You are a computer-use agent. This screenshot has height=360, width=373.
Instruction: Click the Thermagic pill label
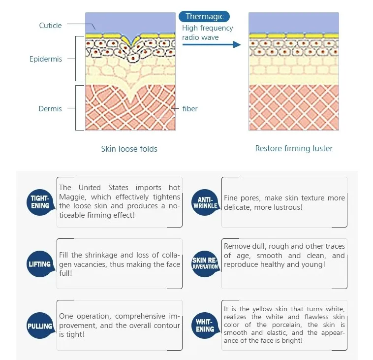[204, 17]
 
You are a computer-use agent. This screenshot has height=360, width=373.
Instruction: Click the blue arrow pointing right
[212, 44]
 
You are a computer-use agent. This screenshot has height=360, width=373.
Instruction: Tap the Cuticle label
[51, 26]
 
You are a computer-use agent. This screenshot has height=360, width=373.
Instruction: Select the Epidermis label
[46, 59]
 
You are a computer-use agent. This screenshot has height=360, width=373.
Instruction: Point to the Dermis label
[50, 108]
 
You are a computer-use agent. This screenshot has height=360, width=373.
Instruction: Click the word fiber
[190, 108]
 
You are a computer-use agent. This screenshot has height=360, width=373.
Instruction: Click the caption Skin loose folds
[129, 149]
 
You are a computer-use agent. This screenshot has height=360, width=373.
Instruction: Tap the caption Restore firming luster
[294, 149]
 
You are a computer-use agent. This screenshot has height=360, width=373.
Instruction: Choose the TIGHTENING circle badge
[40, 202]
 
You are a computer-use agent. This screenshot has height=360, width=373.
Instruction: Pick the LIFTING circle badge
[40, 264]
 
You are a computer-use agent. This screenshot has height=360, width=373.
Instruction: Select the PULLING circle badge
[40, 326]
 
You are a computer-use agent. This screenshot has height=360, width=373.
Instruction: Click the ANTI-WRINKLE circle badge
[205, 202]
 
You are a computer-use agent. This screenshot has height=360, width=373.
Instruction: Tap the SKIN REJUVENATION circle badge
[205, 263]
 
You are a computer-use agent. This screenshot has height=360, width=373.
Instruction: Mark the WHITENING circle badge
[205, 326]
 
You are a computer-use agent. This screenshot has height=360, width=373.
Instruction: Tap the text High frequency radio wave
[207, 33]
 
